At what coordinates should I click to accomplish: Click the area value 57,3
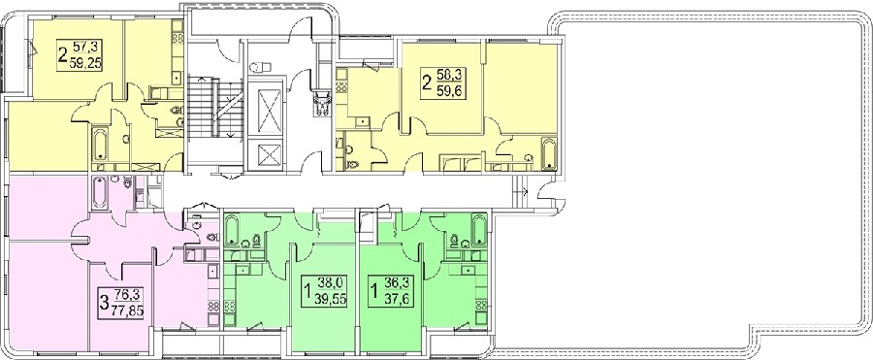[x=80, y=46]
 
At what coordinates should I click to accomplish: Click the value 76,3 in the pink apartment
[x=121, y=295]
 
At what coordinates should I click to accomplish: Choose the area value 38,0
[x=329, y=282]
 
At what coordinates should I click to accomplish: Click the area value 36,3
[x=395, y=282]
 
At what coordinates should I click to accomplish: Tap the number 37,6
[x=394, y=299]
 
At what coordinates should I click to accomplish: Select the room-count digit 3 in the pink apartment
[x=104, y=303]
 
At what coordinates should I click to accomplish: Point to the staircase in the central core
[x=214, y=107]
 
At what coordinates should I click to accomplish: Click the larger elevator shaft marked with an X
[x=266, y=108]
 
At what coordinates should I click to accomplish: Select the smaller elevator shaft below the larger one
[x=266, y=152]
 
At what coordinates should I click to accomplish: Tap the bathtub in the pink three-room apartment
[x=100, y=193]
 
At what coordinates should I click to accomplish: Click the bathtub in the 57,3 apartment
[x=100, y=145]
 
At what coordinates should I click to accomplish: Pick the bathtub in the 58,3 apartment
[x=549, y=152]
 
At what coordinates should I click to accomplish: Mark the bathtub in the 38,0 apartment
[x=232, y=230]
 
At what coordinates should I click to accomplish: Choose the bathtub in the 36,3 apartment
[x=479, y=229]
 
